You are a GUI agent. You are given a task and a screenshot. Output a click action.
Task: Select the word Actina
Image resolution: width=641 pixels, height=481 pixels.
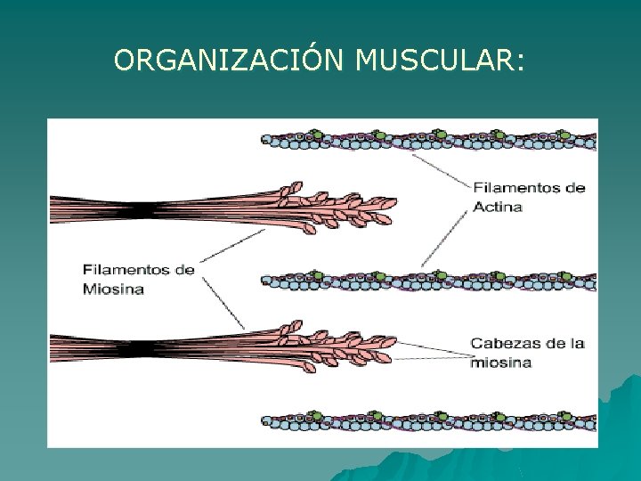point(498,207)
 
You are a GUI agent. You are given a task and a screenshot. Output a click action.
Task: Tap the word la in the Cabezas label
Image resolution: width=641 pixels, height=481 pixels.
point(575,344)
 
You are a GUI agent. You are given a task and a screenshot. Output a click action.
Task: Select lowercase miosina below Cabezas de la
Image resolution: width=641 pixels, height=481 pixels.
point(501,363)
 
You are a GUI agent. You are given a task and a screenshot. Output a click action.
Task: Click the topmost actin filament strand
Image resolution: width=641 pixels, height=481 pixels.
point(427,139)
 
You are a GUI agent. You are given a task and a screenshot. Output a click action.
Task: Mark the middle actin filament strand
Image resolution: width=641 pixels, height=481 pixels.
point(427,280)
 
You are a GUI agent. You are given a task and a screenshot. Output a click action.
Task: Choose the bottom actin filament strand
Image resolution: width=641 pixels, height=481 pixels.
point(427,420)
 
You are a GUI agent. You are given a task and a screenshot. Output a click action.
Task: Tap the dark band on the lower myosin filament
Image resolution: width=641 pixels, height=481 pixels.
point(133,348)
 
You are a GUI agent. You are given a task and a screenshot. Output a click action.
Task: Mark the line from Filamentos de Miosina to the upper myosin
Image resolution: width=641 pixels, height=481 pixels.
point(231,245)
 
